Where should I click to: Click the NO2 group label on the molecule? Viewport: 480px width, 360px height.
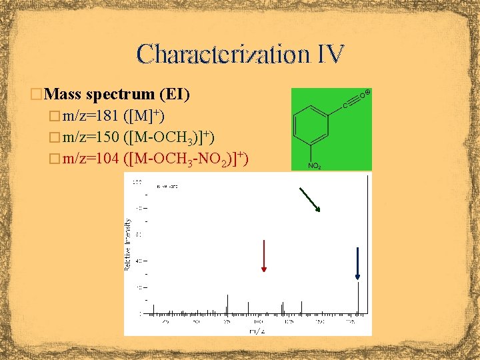315,165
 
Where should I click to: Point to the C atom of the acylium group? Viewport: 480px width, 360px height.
345,105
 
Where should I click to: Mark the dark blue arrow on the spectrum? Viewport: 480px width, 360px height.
358,263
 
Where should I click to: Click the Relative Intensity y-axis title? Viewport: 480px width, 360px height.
128,243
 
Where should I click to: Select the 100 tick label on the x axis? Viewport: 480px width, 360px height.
258,321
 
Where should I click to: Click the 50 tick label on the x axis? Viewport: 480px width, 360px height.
196,321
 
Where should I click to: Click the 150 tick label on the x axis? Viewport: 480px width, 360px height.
319,321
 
